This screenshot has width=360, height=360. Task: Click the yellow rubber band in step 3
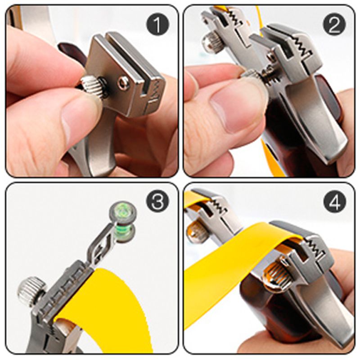[x=112, y=306]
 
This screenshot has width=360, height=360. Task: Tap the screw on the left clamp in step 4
[x=198, y=232]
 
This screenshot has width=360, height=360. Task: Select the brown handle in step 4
[x=261, y=310]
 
